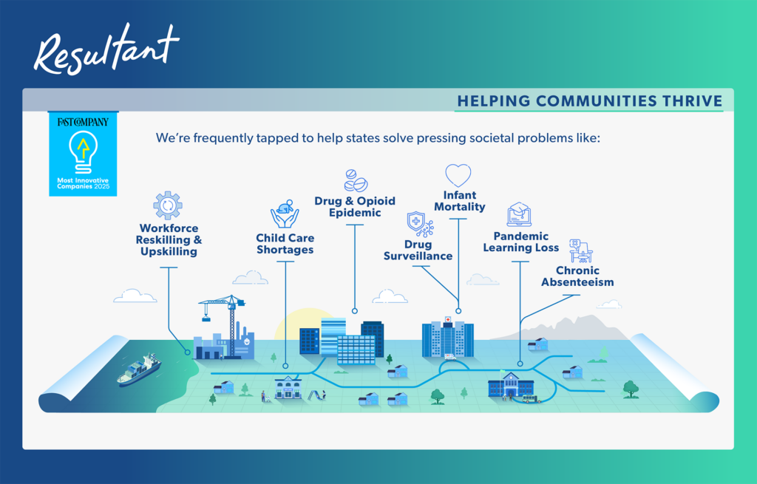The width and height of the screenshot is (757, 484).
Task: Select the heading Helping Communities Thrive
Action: [x=589, y=101]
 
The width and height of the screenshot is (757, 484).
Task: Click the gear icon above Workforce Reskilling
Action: [x=168, y=205]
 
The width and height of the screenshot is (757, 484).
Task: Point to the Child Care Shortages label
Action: [x=285, y=244]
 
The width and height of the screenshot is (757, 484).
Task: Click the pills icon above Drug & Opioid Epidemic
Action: [x=356, y=180]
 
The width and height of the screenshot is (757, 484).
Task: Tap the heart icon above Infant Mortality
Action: [x=458, y=176]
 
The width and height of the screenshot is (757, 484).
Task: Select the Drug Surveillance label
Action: [x=418, y=250]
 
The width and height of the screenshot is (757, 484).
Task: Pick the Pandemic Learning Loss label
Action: [x=521, y=242]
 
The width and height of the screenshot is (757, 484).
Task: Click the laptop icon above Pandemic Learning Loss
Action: [x=519, y=215]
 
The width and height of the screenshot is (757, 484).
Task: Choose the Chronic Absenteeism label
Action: [x=577, y=276]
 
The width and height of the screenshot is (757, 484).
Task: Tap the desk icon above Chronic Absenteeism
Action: [x=581, y=251]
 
